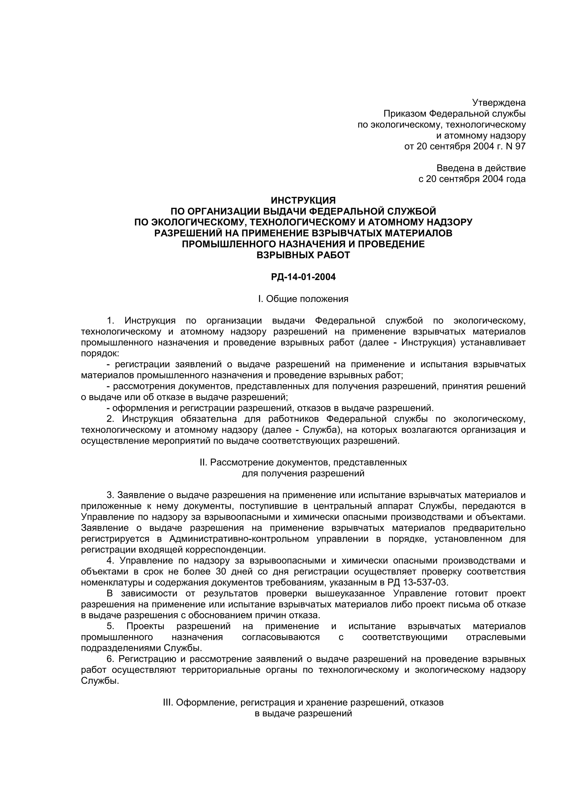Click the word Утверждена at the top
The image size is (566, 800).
pos(499,103)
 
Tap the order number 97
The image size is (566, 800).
pos(520,146)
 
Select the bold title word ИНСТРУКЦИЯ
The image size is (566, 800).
pos(303,200)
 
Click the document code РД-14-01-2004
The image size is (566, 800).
pos(303,277)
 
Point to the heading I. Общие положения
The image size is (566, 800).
pos(303,299)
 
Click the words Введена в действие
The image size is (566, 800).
pos(481,168)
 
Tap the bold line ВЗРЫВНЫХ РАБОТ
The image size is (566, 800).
pos(303,255)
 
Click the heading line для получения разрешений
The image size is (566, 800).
pos(303,473)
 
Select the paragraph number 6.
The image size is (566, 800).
pos(110,659)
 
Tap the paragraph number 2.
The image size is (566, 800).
pos(110,418)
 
